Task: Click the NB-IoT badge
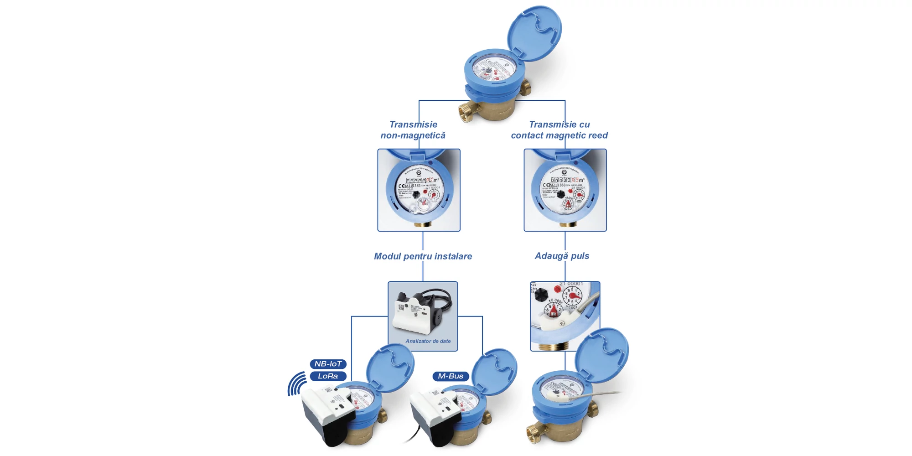328,364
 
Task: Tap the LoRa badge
328,376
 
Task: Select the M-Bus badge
450,376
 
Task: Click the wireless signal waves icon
297,384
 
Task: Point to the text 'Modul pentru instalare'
423,256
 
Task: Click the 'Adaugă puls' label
562,256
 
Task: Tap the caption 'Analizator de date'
428,341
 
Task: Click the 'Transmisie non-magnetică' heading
413,130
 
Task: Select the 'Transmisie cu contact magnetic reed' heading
559,130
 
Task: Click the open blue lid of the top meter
534,32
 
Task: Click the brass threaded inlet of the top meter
466,112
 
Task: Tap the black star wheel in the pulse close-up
541,295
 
